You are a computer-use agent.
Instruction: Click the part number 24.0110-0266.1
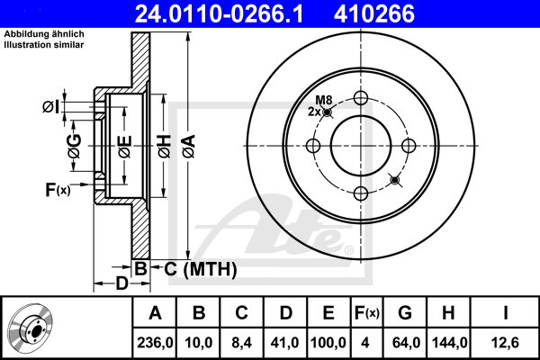point(219,13)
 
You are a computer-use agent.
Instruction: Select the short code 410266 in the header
point(374,13)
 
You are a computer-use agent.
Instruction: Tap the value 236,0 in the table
point(155,343)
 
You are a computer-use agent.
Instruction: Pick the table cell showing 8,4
point(241,343)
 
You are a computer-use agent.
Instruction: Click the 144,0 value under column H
point(449,343)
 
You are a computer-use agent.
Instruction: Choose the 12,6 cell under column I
point(505,343)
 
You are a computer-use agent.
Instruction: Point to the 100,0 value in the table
point(328,343)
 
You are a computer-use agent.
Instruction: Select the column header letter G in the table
point(405,313)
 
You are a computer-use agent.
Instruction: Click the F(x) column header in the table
point(367,313)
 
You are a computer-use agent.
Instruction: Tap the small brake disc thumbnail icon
point(31,327)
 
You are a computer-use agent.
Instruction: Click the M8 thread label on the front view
point(324,100)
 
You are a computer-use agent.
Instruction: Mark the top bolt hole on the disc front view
point(361,98)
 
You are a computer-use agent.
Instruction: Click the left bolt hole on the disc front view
point(313,146)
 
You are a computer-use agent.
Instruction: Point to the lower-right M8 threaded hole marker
point(395,180)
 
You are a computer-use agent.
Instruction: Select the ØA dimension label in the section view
point(189,147)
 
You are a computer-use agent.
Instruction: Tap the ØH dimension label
point(165,147)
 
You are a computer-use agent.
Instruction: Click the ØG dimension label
point(75,146)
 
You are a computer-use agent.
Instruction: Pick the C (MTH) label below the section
point(200,269)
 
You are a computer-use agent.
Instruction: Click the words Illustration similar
point(44,45)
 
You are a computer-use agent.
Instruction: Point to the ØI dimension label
point(51,107)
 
